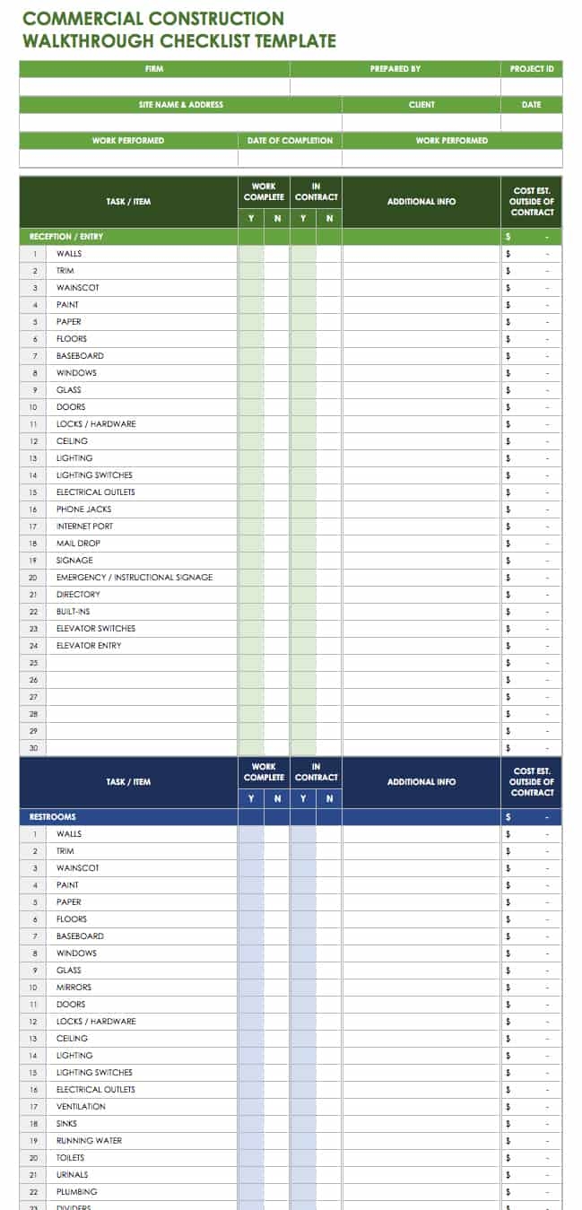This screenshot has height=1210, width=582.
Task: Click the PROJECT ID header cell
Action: click(532, 69)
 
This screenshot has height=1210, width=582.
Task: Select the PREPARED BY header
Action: click(395, 69)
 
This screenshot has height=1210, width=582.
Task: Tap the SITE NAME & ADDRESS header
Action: click(180, 105)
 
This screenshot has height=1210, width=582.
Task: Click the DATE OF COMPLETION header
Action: click(290, 141)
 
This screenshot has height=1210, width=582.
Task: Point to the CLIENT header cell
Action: click(421, 105)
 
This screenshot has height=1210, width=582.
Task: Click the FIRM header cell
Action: click(154, 69)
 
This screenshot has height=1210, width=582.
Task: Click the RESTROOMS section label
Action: click(53, 817)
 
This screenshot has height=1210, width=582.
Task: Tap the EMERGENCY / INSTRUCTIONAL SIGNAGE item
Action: click(135, 578)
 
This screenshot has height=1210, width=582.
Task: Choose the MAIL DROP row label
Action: click(78, 544)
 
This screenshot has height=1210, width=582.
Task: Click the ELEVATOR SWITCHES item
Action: click(96, 629)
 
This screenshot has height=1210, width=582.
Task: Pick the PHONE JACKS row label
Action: click(83, 509)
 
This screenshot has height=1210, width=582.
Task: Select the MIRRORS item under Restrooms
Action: click(74, 988)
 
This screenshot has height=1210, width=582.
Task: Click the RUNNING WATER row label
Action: click(89, 1141)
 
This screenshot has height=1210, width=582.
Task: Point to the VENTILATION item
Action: click(81, 1107)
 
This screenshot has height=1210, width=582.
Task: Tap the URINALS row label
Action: click(72, 1175)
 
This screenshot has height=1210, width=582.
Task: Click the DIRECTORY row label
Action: click(78, 595)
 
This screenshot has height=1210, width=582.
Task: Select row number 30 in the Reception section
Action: click(33, 748)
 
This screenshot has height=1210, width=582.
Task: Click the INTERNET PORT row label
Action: click(84, 527)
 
